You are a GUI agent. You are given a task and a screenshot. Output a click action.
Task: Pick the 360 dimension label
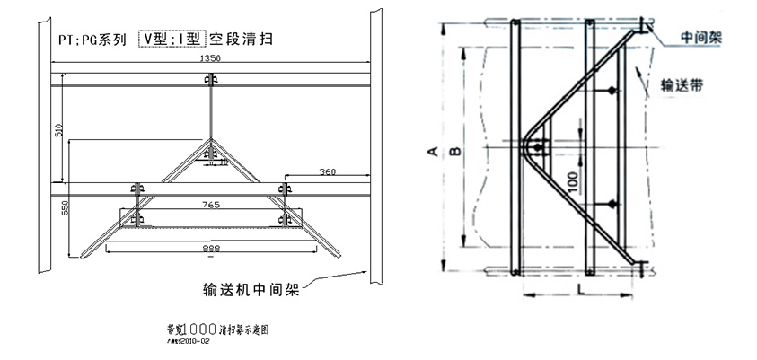tap(326, 171)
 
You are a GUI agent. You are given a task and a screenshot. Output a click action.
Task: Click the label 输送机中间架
tap(252, 289)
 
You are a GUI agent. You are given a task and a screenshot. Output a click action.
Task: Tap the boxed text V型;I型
tap(172, 39)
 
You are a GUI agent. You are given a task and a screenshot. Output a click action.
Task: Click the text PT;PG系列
tap(88, 40)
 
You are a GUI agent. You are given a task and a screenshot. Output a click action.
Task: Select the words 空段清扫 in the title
tap(241, 39)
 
